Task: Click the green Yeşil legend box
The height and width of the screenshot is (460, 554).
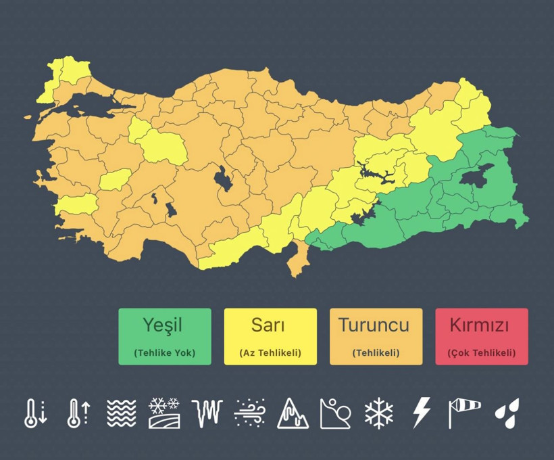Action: (x=164, y=336)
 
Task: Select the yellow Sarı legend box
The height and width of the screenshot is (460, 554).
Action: (x=270, y=336)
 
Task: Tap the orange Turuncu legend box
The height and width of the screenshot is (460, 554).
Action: (x=376, y=336)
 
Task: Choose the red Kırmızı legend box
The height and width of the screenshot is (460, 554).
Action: (x=481, y=336)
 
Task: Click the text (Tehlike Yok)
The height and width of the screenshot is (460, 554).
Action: (x=164, y=352)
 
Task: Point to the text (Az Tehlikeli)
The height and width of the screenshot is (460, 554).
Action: (x=270, y=352)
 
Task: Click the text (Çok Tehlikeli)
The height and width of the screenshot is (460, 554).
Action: (x=481, y=352)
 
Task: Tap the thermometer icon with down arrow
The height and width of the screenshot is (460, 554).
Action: (x=35, y=413)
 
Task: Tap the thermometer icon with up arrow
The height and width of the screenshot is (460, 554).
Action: (x=78, y=413)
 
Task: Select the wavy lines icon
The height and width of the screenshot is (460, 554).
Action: (x=122, y=413)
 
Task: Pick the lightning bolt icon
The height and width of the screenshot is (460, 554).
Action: (x=422, y=413)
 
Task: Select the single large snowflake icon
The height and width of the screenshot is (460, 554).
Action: (x=378, y=413)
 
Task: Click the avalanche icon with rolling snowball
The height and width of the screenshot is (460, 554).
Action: (x=335, y=413)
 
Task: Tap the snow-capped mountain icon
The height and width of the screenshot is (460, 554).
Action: (x=293, y=413)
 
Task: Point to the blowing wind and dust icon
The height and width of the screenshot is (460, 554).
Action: (x=249, y=413)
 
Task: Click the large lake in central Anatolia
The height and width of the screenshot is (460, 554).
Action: (x=221, y=180)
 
